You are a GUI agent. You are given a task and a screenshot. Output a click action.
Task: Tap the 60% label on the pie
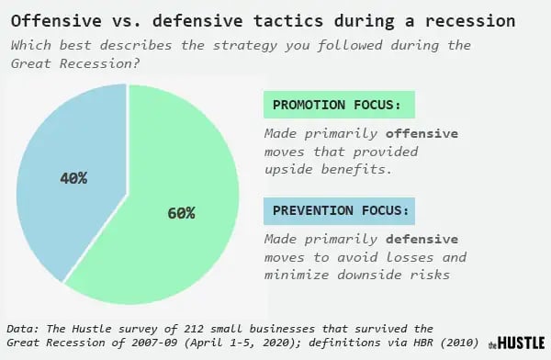[x=181, y=213]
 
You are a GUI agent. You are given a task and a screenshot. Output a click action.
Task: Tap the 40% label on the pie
[x=73, y=177]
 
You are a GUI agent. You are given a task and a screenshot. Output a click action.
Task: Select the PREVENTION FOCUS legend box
[x=337, y=211]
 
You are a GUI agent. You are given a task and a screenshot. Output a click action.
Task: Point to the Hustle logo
[x=514, y=343]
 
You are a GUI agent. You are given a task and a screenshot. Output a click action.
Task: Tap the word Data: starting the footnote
[x=24, y=328]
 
